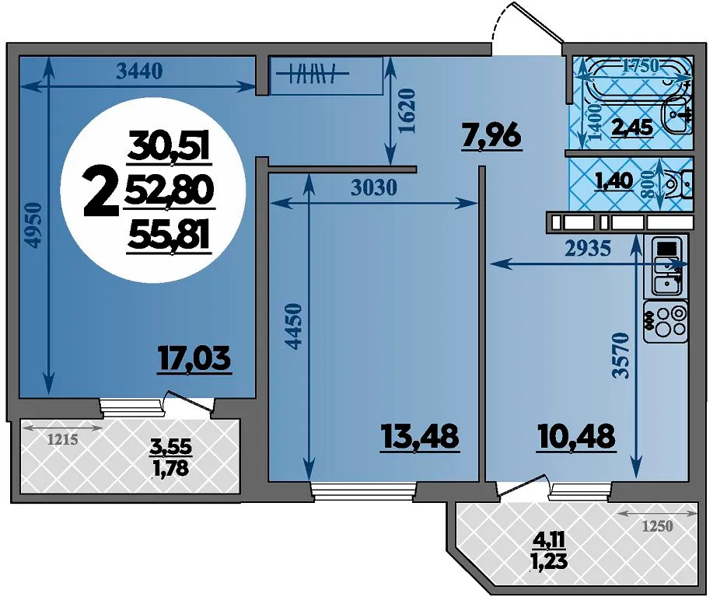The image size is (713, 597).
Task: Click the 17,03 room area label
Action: (194, 360)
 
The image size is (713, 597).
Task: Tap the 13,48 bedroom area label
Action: (420, 437)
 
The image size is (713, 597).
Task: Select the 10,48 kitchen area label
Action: (577, 437)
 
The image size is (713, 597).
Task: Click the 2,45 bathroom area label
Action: (632, 127)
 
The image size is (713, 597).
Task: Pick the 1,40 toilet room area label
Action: (614, 181)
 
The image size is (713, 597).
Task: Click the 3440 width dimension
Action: (139, 72)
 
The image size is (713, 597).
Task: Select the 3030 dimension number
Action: (375, 188)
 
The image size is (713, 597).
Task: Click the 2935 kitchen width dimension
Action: (588, 249)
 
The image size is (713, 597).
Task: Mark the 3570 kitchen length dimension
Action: (620, 356)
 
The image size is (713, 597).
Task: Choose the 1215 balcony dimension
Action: (63, 440)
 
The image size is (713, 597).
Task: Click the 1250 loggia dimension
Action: (657, 526)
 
